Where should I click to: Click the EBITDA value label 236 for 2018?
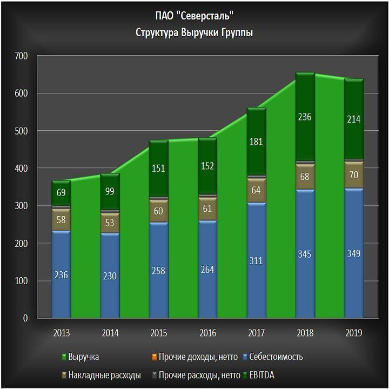(305, 117)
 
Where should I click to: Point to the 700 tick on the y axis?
(21, 56)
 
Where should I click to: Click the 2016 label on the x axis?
(207, 333)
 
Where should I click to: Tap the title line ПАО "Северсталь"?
(194, 16)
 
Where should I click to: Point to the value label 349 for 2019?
(354, 253)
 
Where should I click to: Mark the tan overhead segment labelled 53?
(110, 223)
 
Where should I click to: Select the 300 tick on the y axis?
(21, 206)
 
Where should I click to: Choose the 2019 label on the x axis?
(354, 333)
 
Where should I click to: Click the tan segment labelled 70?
(354, 175)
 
